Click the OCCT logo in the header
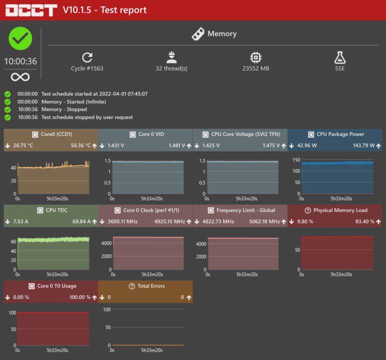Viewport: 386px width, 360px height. point(31,10)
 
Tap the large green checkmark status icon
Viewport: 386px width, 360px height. point(21,39)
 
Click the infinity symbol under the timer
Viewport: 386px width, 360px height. point(21,76)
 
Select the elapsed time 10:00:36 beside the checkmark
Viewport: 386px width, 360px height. point(21,61)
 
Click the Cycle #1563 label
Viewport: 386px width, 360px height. point(87,68)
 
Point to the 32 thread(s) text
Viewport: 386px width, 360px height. point(171,68)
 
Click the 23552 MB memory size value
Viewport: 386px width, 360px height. point(256,68)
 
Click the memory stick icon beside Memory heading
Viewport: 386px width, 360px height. point(198,34)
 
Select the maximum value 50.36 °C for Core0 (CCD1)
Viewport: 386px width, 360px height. point(81,146)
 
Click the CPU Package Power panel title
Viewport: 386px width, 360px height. point(340,134)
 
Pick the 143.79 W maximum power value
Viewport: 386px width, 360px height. point(364,146)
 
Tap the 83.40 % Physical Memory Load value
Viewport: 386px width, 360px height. point(364,222)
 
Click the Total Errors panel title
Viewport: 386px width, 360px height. point(151,286)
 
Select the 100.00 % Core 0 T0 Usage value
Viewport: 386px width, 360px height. point(80,297)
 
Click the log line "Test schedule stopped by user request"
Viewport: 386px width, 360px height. point(87,117)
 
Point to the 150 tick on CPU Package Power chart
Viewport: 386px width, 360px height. point(296,160)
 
